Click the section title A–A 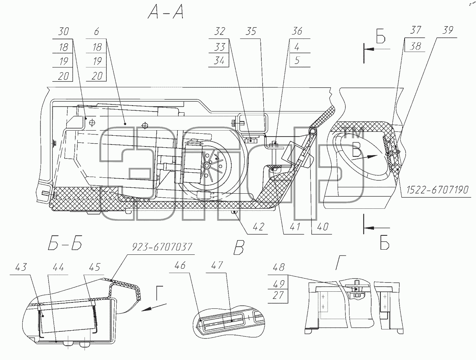[x=166, y=12]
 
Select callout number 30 [x=63, y=31]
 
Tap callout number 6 [x=96, y=32]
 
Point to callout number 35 [x=251, y=31]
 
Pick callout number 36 [x=297, y=31]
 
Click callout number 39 [x=448, y=30]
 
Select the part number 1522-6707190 [x=438, y=190]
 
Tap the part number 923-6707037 [x=162, y=247]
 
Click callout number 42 [x=259, y=227]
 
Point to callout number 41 [x=295, y=227]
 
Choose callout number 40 [x=322, y=227]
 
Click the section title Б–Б [x=65, y=243]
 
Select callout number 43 [x=21, y=267]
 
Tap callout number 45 [x=95, y=267]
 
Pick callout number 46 [x=180, y=266]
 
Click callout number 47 [x=217, y=265]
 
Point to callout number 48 [x=279, y=267]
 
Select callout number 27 [x=278, y=295]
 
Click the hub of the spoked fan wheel [x=206, y=166]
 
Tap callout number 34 [x=219, y=61]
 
